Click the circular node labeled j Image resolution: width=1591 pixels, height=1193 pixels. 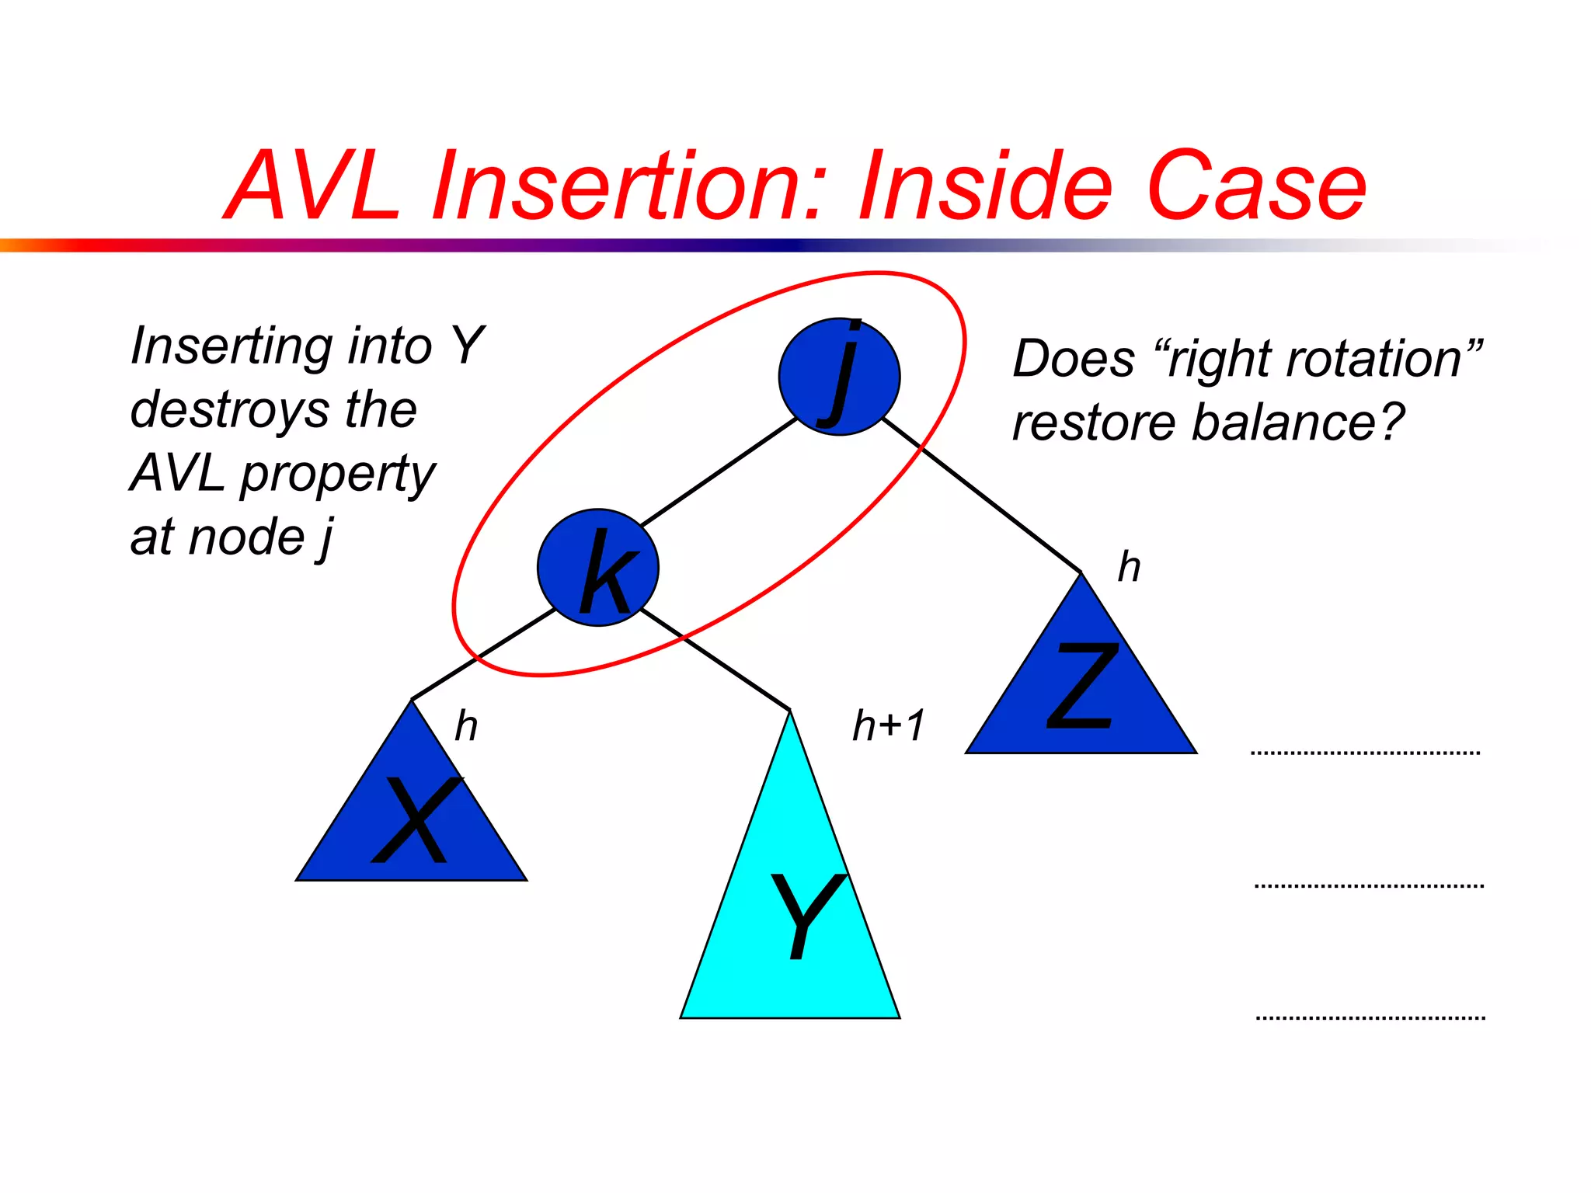click(x=839, y=377)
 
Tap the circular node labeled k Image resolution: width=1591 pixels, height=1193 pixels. click(x=597, y=568)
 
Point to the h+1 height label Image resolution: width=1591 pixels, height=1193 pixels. click(x=888, y=725)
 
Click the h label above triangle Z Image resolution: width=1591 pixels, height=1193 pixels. click(x=1129, y=566)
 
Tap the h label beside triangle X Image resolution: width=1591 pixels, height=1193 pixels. click(x=465, y=725)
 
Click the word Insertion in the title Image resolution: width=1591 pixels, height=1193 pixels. click(x=625, y=186)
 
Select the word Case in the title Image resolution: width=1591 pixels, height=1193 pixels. click(x=1255, y=186)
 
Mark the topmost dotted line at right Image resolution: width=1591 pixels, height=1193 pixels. click(x=1365, y=753)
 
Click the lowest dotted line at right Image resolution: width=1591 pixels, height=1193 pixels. click(x=1370, y=1017)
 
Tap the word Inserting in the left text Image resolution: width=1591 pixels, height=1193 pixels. click(x=231, y=346)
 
